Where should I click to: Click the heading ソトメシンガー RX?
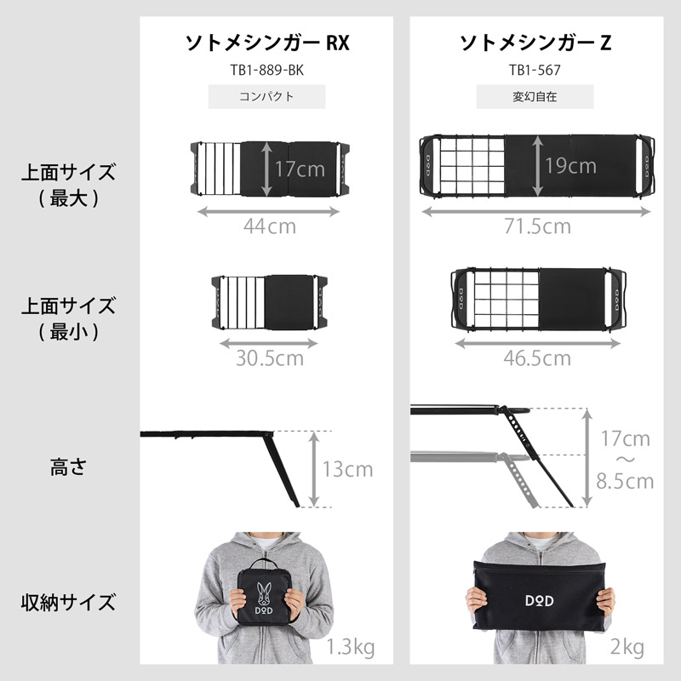[x=267, y=43]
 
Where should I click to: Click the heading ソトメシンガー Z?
[x=535, y=43]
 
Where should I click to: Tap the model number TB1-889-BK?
[x=267, y=70]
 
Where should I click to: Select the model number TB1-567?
[x=535, y=70]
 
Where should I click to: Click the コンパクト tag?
[x=267, y=96]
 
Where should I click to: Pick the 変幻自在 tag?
[x=535, y=96]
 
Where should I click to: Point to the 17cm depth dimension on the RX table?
[x=300, y=169]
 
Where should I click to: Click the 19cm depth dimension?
[x=570, y=165]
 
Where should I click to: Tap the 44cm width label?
[x=269, y=226]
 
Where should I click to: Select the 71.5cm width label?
[x=535, y=226]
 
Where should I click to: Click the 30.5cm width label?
[x=269, y=358]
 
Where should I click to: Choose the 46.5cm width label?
[x=536, y=358]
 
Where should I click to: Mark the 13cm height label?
[x=347, y=469]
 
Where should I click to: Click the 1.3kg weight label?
[x=350, y=649]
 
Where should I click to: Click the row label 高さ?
[x=68, y=467]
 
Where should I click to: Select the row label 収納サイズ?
[x=68, y=604]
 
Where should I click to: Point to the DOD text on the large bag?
[x=535, y=600]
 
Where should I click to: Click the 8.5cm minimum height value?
[x=625, y=482]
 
